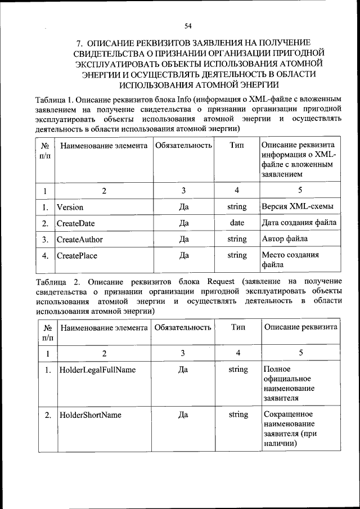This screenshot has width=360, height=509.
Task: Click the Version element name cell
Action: (x=70, y=207)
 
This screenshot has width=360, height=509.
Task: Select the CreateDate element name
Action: (x=75, y=223)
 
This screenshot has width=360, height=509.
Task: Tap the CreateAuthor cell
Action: (x=79, y=239)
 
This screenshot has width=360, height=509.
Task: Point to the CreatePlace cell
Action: (x=77, y=255)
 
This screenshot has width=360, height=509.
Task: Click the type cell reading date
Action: (x=237, y=223)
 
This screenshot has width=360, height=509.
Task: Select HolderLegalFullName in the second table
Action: (x=97, y=370)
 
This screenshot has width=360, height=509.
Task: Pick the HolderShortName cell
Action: (x=90, y=415)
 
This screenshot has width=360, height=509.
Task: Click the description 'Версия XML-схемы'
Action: (x=297, y=207)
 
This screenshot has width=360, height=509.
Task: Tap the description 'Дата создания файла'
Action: (x=299, y=223)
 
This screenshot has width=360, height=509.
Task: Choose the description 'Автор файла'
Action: (x=285, y=239)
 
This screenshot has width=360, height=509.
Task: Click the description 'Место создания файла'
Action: (x=290, y=259)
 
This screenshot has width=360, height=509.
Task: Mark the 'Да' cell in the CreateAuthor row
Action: (x=183, y=239)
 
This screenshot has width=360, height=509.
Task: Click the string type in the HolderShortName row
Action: (x=238, y=415)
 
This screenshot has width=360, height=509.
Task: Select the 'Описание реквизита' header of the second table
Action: (x=301, y=327)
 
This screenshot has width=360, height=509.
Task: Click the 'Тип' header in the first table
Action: (x=237, y=146)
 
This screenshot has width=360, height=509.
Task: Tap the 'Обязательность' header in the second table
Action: (x=183, y=327)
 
